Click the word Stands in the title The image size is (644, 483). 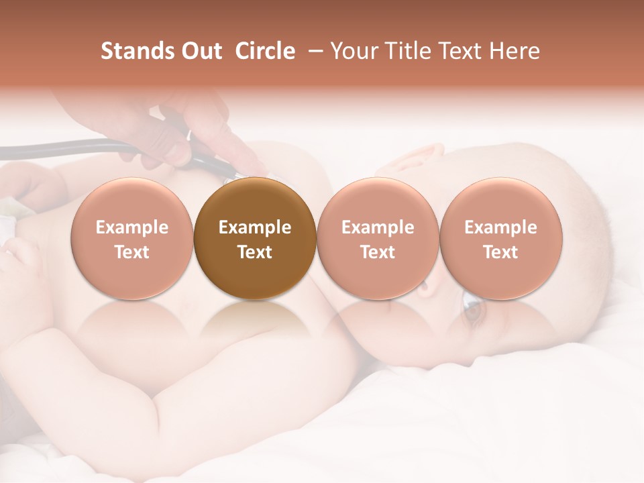point(136,52)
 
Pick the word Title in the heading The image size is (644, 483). point(405,52)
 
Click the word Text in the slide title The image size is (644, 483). point(460,52)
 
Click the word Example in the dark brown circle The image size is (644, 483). point(255,227)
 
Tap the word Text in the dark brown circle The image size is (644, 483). point(255,252)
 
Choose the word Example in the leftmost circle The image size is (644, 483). point(132,227)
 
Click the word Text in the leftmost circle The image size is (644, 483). point(132,252)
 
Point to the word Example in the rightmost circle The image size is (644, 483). point(500,227)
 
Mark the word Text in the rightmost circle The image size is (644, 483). point(500,252)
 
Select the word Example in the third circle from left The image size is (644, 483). point(378,227)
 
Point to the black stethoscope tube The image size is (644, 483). point(67,146)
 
